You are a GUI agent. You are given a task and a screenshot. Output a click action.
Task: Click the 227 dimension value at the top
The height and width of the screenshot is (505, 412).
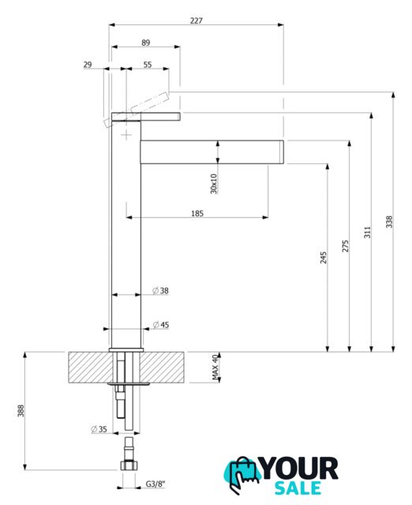[197, 21]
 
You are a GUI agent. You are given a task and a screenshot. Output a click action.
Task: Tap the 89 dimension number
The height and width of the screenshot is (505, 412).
[145, 43]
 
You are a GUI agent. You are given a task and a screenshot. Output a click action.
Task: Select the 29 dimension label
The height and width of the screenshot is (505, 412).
[88, 65]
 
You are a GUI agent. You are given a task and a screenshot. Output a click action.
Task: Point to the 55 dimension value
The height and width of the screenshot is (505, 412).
[148, 65]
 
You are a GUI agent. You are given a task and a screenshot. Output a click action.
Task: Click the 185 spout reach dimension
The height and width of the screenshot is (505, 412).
[197, 213]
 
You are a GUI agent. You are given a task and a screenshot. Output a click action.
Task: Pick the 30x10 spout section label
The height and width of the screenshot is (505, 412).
[214, 184]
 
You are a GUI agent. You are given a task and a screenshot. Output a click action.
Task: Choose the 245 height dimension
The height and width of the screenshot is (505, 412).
[324, 258]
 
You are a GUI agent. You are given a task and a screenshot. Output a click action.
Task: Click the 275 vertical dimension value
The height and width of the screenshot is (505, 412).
[346, 246]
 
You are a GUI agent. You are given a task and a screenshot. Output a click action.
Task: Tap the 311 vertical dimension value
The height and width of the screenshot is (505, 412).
[367, 232]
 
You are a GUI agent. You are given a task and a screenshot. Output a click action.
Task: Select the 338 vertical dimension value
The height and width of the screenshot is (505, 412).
[389, 222]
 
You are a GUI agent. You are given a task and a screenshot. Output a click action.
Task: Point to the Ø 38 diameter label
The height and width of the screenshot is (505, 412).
[160, 290]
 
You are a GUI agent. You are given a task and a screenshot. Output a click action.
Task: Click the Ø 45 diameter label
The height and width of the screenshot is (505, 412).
[161, 324]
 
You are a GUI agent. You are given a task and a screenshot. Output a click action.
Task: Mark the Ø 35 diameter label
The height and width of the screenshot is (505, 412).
[99, 429]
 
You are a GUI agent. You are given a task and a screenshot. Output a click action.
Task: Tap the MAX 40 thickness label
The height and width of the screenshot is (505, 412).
[215, 368]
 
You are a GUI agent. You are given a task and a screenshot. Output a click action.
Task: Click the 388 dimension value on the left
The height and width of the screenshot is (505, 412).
[21, 410]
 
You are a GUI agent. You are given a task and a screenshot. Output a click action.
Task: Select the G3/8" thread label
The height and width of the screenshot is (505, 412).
[155, 484]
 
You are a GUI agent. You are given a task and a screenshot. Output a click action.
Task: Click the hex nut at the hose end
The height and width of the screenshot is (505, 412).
[129, 466]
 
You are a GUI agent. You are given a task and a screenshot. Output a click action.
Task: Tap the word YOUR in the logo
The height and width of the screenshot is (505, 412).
[300, 469]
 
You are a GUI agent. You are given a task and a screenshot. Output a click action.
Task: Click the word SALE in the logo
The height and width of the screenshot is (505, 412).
[298, 488]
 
